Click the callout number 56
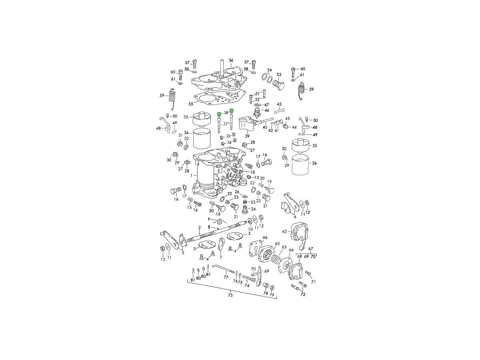click(231, 60)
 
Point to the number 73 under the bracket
click(230, 296)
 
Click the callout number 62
click(284, 231)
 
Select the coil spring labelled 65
click(275, 260)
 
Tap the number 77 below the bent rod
click(226, 277)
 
